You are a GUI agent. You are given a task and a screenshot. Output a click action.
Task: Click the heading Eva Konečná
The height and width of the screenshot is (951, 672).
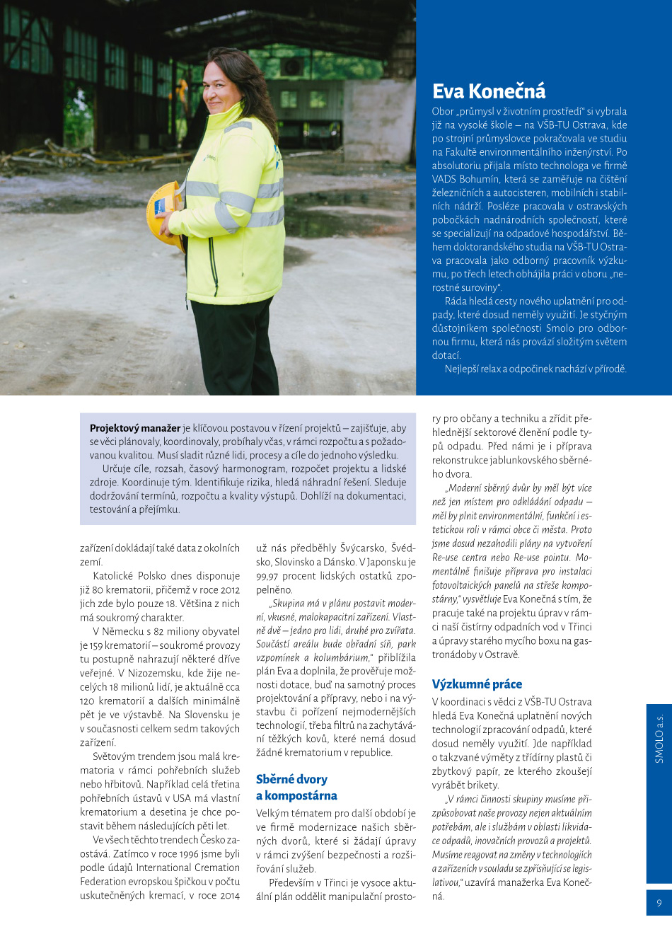tap(489, 91)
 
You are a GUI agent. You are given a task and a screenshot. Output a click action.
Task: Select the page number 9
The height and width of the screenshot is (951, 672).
tap(659, 902)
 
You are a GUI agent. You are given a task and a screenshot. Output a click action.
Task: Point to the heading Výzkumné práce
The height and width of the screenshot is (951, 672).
tap(477, 684)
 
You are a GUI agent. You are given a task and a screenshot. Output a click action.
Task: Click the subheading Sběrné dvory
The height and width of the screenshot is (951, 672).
tap(291, 779)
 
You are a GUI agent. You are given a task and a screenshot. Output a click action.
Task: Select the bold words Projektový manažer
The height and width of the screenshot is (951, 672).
tap(134, 428)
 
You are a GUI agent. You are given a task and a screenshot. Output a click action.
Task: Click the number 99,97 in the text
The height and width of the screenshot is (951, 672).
tap(267, 576)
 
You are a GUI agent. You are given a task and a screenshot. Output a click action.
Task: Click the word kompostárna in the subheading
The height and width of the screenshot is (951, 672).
tap(301, 795)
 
